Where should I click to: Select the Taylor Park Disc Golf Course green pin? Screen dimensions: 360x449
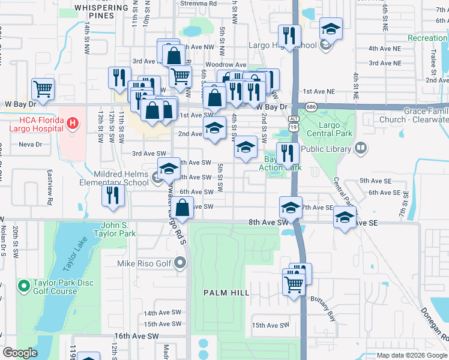tap(25, 283)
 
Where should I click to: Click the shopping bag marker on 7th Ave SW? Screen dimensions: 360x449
tap(184, 208)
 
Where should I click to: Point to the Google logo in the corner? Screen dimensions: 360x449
tap(20, 353)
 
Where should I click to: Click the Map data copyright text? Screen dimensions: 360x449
tap(412, 355)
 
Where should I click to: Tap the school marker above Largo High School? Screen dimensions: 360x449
tap(330, 29)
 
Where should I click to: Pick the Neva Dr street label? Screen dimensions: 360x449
tap(30, 145)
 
